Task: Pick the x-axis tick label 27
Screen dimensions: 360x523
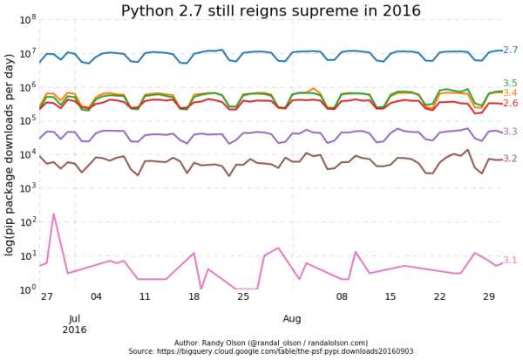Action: pyautogui.click(x=46, y=297)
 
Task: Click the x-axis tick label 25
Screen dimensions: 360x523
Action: pyautogui.click(x=243, y=297)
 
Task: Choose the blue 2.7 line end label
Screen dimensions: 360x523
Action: pyautogui.click(x=511, y=51)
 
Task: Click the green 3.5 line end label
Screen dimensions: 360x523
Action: pyautogui.click(x=511, y=84)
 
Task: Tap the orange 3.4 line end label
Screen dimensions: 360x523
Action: pyautogui.click(x=511, y=93)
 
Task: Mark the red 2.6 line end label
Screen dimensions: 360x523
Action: pyautogui.click(x=511, y=104)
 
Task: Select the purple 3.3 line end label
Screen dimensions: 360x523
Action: pyautogui.click(x=511, y=132)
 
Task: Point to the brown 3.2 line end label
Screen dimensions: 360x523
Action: pyautogui.click(x=511, y=160)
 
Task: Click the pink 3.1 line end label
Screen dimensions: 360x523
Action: pyautogui.click(x=511, y=261)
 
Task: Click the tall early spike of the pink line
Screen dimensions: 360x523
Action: pyautogui.click(x=53, y=214)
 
